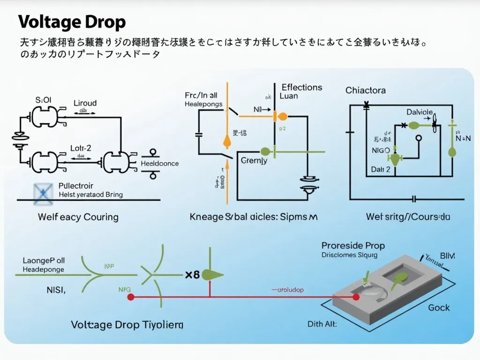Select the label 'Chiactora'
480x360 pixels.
coord(366,90)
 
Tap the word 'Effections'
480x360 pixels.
coord(302,87)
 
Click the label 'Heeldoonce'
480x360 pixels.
coord(160,164)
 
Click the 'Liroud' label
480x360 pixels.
coord(85,103)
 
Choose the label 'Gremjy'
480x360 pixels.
coord(254,161)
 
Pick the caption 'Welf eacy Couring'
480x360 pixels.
coord(78,217)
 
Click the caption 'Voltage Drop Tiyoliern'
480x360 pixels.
coord(127,324)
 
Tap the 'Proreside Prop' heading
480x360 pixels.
coord(353,246)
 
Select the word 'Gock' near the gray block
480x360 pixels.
coord(439,307)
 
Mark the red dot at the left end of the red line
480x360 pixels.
coord(131,297)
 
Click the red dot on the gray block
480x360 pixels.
coord(356,297)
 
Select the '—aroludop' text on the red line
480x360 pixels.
coord(287,290)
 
